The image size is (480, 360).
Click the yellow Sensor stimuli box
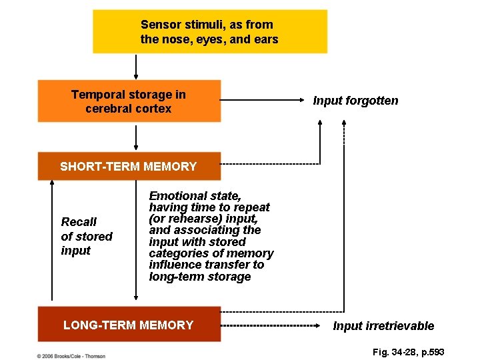(x=209, y=31)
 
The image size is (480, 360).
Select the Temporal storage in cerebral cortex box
(x=129, y=101)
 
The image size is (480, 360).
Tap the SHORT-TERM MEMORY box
(x=129, y=167)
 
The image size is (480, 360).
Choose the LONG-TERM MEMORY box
(x=129, y=325)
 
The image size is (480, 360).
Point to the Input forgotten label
(x=355, y=101)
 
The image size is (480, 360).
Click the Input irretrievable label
(x=383, y=326)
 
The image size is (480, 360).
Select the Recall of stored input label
(x=87, y=236)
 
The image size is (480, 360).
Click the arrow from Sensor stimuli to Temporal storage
(x=136, y=67)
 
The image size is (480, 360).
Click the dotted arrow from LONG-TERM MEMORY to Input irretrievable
(x=271, y=326)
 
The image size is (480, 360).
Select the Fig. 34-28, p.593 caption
(x=409, y=351)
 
